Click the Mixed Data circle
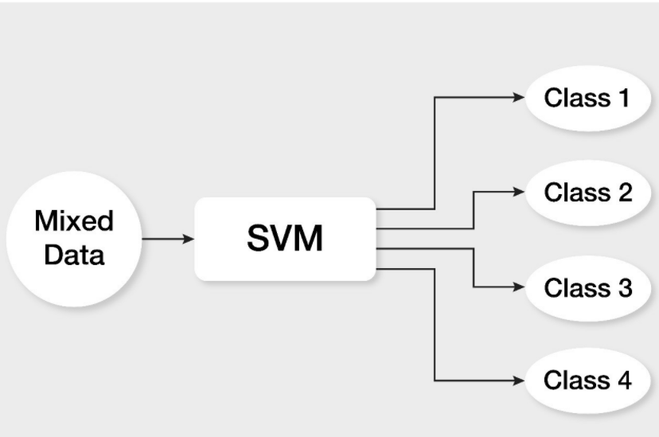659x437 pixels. tap(73, 238)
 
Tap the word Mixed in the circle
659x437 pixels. tap(74, 220)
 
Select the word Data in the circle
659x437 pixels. tap(74, 256)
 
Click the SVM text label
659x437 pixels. tap(284, 239)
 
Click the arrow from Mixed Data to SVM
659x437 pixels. tap(167, 239)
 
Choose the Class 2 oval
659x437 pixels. tap(587, 192)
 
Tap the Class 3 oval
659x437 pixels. tap(587, 287)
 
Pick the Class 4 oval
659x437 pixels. tap(587, 380)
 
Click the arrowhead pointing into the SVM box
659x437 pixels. tap(189, 239)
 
